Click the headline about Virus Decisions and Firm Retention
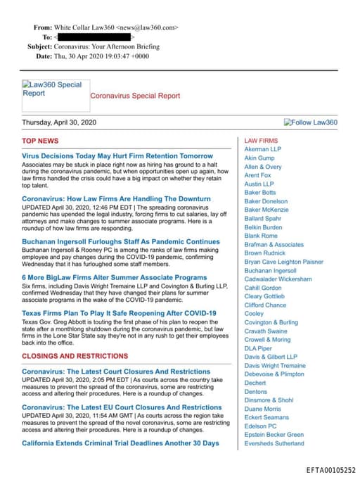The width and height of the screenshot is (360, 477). point(117,155)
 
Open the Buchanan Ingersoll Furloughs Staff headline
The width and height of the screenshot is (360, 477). point(121,242)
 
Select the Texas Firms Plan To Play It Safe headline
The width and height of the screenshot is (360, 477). point(119,313)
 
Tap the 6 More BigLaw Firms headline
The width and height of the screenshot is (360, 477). point(114,278)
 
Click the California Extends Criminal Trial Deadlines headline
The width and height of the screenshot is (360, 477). point(120,443)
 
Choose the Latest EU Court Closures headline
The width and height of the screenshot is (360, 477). point(122,407)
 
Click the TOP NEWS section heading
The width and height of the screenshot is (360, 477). point(40,141)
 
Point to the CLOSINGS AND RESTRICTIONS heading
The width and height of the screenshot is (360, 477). point(75,357)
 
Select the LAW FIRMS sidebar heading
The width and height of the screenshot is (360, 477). point(261,141)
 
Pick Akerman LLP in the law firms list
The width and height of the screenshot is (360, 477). point(262,150)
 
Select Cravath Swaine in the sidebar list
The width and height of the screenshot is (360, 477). point(266,331)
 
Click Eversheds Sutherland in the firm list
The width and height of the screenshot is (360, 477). point(274,443)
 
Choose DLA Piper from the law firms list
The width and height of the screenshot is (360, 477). point(258,348)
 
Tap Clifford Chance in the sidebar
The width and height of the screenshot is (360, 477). point(265,305)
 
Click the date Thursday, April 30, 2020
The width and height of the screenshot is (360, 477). point(59,122)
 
